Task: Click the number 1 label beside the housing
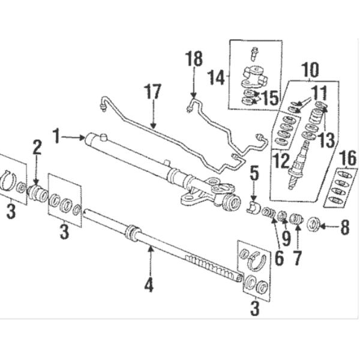(x=56, y=137)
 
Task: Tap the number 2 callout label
(x=37, y=147)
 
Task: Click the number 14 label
(x=217, y=77)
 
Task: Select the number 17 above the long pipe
(x=153, y=93)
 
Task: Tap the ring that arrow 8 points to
(x=313, y=227)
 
